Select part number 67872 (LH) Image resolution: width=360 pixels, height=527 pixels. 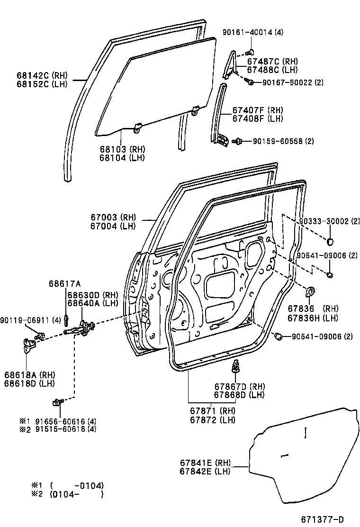click(x=213, y=420)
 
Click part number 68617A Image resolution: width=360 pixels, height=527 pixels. click(x=65, y=284)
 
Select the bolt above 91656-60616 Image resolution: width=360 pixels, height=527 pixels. click(x=58, y=402)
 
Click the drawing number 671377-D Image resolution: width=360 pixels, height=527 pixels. click(x=323, y=519)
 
